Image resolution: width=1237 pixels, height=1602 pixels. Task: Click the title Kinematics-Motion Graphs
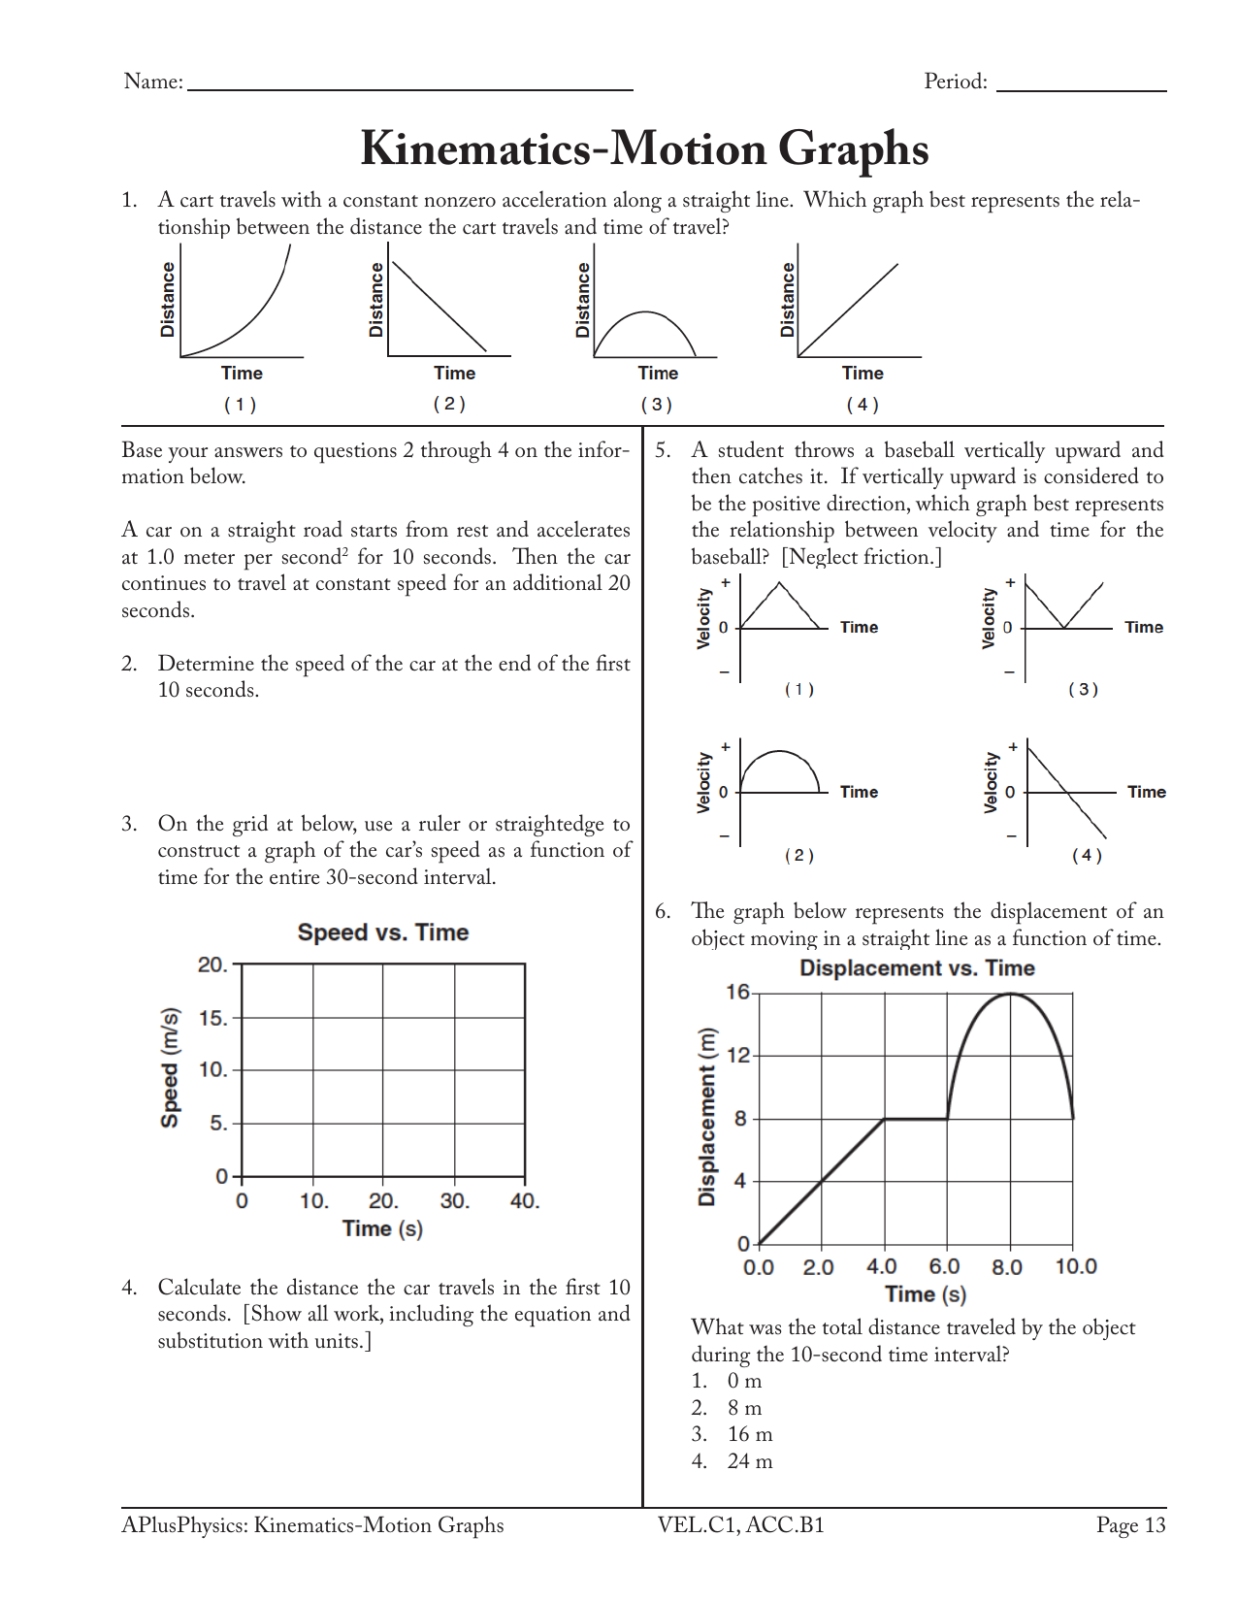pyautogui.click(x=644, y=148)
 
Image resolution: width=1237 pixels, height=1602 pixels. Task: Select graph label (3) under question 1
pyautogui.click(x=657, y=404)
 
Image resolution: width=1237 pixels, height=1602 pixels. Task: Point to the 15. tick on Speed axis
pyautogui.click(x=213, y=1018)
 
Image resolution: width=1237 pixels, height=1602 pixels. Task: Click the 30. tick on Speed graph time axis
pyautogui.click(x=454, y=1201)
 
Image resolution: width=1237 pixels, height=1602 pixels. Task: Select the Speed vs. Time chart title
pyautogui.click(x=382, y=932)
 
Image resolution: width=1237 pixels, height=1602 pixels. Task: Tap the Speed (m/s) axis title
pyautogui.click(x=170, y=1067)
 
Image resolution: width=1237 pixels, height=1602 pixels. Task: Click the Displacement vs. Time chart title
pyautogui.click(x=917, y=968)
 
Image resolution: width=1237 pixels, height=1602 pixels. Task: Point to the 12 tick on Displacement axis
pyautogui.click(x=738, y=1055)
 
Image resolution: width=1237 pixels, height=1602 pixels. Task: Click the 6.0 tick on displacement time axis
pyautogui.click(x=944, y=1266)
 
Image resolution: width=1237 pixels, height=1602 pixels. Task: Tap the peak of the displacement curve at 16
pyautogui.click(x=1011, y=994)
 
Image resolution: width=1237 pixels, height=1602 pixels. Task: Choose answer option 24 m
pyautogui.click(x=749, y=1461)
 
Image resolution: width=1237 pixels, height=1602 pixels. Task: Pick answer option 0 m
pyautogui.click(x=744, y=1381)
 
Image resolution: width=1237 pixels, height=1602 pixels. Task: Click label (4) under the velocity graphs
pyautogui.click(x=1087, y=855)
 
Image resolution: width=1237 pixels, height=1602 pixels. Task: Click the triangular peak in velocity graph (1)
pyautogui.click(x=780, y=583)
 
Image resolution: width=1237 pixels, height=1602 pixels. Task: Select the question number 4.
pyautogui.click(x=129, y=1288)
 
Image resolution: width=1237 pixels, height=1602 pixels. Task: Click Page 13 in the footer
pyautogui.click(x=1130, y=1525)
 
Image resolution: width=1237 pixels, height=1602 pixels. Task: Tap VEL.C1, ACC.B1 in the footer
pyautogui.click(x=740, y=1525)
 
